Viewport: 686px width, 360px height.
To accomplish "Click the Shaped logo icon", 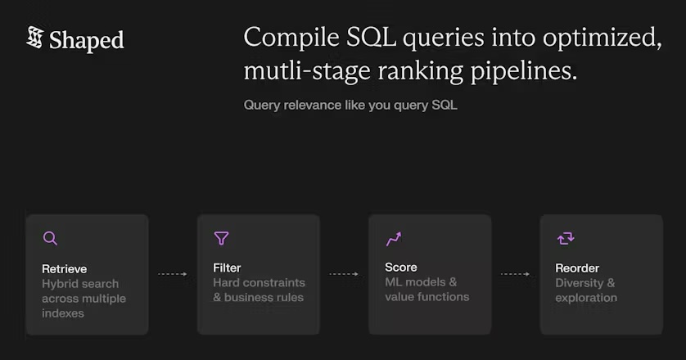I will point(34,38).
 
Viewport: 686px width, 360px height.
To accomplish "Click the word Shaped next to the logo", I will point(86,40).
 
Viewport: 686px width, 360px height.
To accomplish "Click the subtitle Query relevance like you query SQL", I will point(350,105).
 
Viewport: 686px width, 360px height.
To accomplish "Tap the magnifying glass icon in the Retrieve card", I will point(50,238).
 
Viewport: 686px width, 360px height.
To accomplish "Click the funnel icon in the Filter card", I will point(221,238).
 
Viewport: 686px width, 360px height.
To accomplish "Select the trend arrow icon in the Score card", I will point(394,239).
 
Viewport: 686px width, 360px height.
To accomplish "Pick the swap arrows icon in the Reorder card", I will point(565,238).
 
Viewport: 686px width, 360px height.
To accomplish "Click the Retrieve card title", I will point(64,268).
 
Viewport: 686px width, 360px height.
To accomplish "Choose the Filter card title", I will point(227,268).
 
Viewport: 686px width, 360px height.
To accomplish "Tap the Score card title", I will point(401,267).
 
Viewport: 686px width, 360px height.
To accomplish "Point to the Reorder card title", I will point(577,268).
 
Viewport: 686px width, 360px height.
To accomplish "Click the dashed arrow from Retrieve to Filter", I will point(172,274).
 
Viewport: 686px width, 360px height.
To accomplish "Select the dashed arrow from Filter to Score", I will point(344,274).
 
